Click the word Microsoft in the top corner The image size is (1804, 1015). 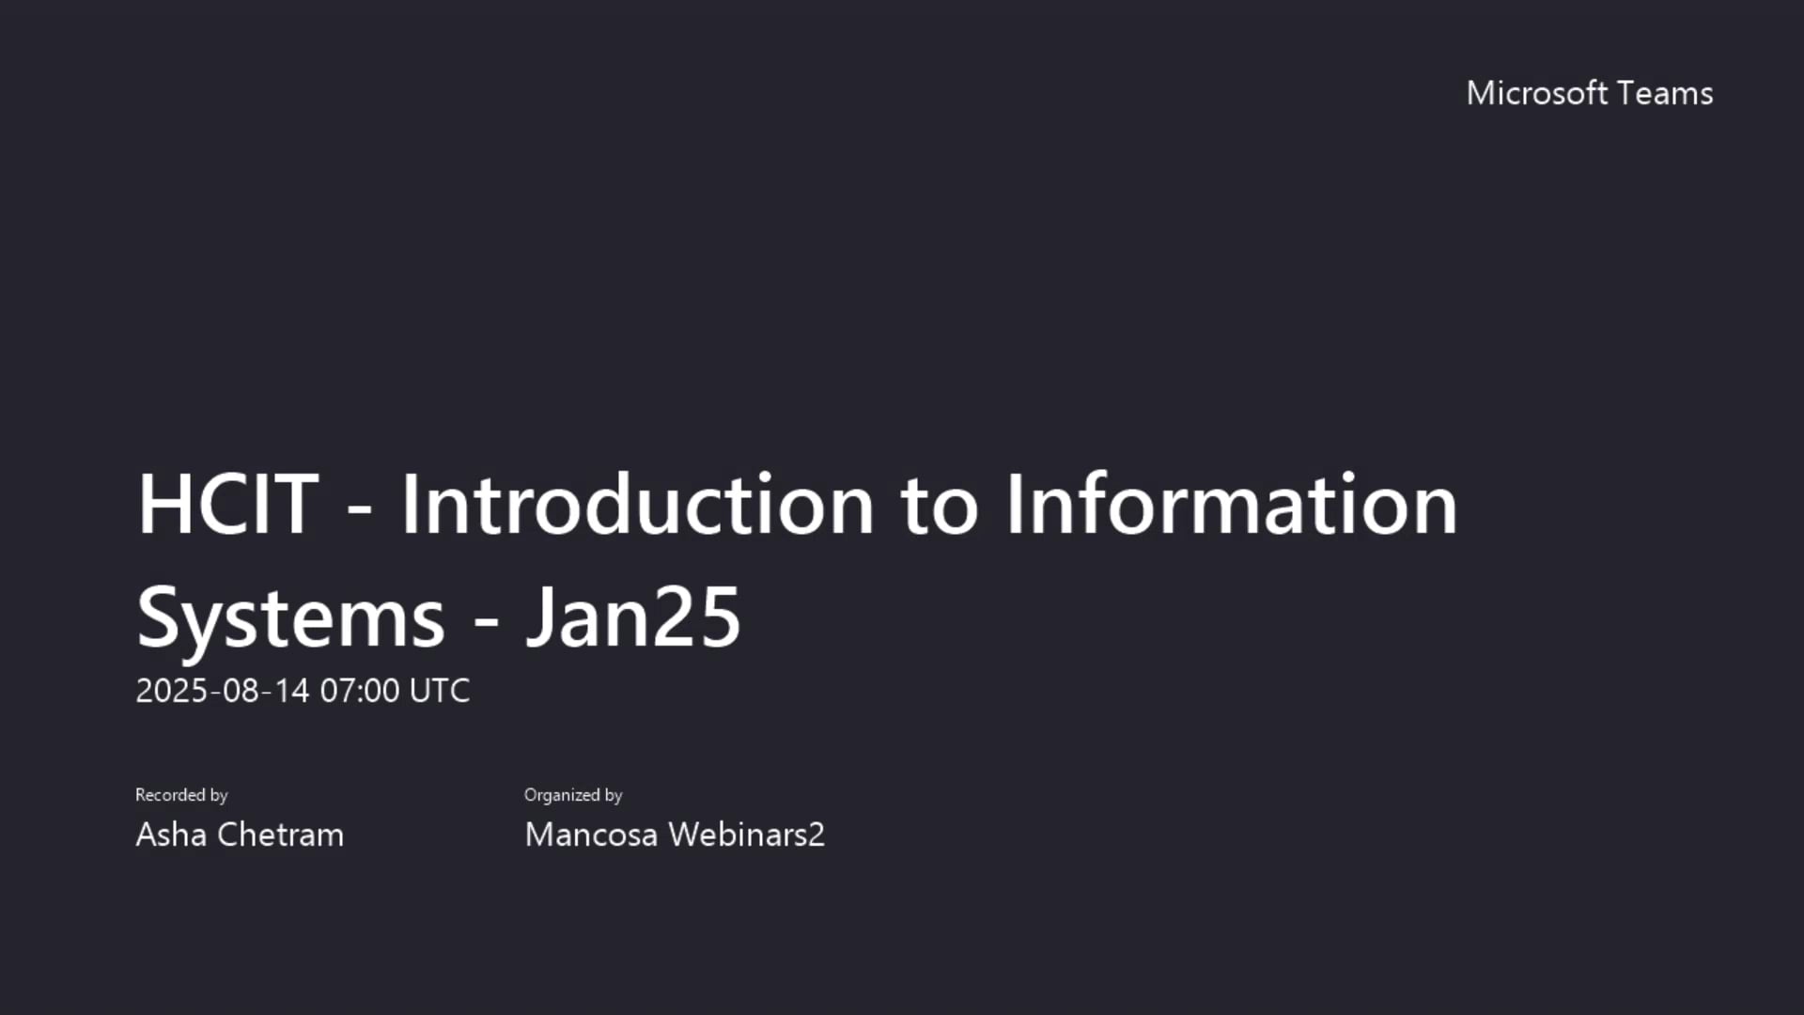(x=1536, y=93)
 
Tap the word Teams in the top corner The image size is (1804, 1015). (x=1666, y=93)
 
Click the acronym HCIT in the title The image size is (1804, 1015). (x=227, y=505)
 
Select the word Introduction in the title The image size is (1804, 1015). (x=638, y=505)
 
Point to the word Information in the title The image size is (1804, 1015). (x=1231, y=505)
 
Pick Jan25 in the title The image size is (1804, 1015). (x=633, y=617)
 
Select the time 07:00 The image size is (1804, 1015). (x=360, y=691)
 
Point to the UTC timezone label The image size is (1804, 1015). (x=440, y=691)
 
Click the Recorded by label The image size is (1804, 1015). (x=181, y=795)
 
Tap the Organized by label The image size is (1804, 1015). (x=573, y=795)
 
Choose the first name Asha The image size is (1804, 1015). (x=171, y=835)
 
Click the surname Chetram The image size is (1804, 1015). (x=280, y=835)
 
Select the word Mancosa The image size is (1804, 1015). (x=591, y=835)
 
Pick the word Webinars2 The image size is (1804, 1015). (x=746, y=835)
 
